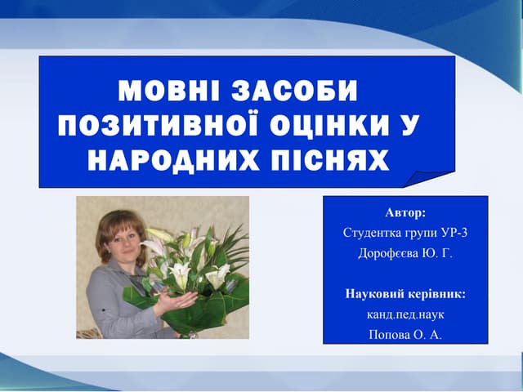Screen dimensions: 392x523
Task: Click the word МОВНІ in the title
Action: pyautogui.click(x=168, y=89)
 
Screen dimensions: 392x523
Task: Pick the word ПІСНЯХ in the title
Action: pyautogui.click(x=329, y=159)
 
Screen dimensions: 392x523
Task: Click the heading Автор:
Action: pyautogui.click(x=405, y=213)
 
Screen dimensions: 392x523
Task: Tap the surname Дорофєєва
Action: pyautogui.click(x=388, y=253)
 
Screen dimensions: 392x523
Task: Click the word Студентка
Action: pyautogui.click(x=371, y=233)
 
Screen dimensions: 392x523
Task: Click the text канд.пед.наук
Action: pyautogui.click(x=405, y=313)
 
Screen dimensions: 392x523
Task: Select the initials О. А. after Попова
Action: pyautogui.click(x=428, y=333)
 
